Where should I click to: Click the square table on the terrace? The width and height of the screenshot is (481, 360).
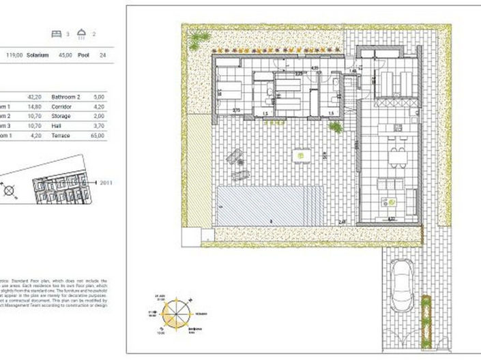(300, 156)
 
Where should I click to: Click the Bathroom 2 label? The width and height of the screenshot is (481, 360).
(66, 97)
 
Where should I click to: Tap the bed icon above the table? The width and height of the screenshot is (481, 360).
(57, 32)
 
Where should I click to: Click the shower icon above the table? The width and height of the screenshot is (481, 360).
(82, 32)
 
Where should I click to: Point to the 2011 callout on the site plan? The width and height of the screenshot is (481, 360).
(105, 183)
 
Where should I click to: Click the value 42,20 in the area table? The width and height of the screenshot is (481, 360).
(33, 97)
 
